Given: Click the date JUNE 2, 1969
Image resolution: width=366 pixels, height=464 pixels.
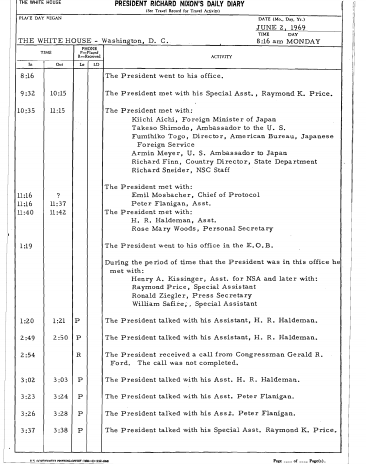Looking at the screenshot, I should [x=281, y=28].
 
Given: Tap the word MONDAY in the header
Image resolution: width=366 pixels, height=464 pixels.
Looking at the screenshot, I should [x=302, y=41].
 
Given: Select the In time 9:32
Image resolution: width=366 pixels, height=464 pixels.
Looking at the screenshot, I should [x=27, y=93].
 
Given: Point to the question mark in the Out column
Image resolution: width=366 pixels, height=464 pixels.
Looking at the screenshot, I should [x=58, y=195].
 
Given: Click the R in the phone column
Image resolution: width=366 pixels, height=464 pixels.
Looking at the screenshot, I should [x=77, y=355].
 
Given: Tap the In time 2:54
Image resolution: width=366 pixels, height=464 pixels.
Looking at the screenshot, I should [x=27, y=355].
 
